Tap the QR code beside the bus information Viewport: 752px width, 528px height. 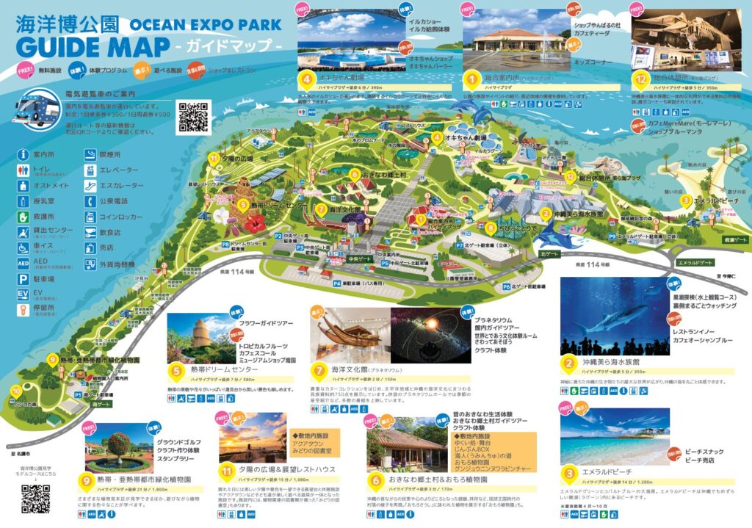coord(194,117)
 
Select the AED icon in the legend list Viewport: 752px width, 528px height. coord(23,262)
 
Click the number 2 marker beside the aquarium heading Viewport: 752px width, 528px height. coord(568,362)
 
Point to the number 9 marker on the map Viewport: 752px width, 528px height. coord(52,360)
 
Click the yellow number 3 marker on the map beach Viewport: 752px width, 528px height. coord(684,200)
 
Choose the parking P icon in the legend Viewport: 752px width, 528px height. coord(23,279)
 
